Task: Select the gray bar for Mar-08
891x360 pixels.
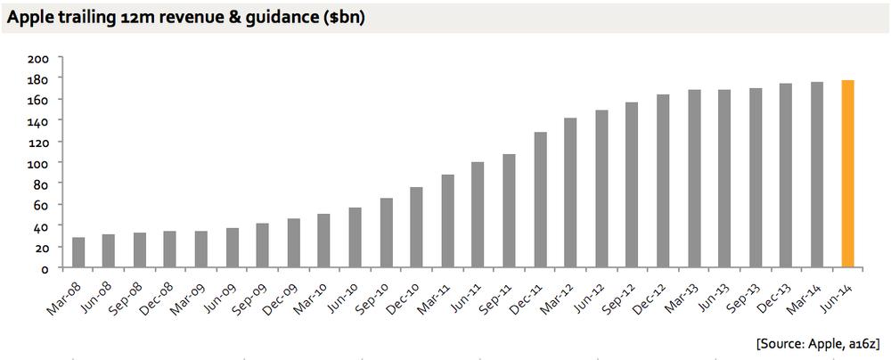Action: pos(78,252)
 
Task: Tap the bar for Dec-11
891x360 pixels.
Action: pos(540,200)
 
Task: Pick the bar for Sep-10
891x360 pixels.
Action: pos(386,233)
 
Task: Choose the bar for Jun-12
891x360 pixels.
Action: pos(601,189)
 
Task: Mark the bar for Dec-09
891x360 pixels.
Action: pos(293,242)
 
